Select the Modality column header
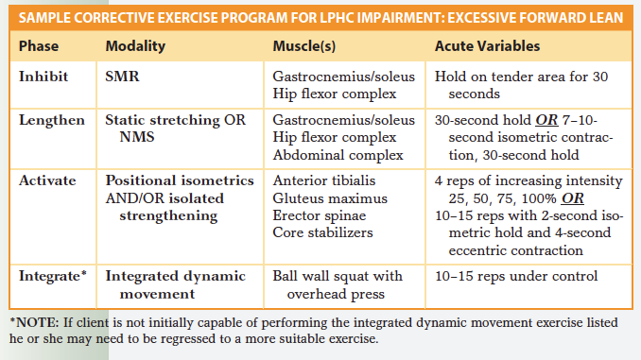click(x=135, y=45)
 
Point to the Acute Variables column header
click(x=488, y=45)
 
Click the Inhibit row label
click(x=43, y=77)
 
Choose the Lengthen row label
click(x=51, y=121)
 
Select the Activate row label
click(x=47, y=180)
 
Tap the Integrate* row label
click(x=53, y=276)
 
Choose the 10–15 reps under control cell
click(x=515, y=276)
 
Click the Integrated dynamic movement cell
click(x=175, y=284)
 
